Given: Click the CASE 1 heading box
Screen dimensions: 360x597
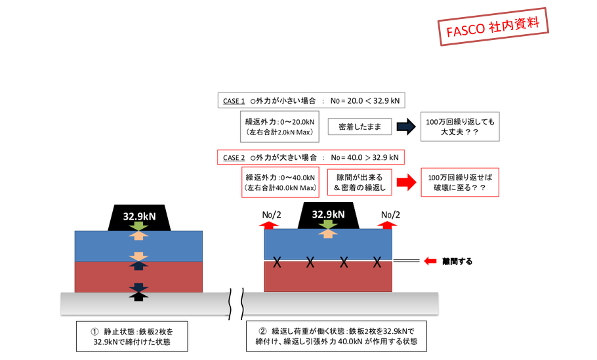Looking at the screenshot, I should [x=312, y=101].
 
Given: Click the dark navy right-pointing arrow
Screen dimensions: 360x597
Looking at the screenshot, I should [x=407, y=127].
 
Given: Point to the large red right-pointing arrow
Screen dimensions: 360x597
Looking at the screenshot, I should [x=407, y=182].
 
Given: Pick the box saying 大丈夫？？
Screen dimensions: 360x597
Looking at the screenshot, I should [x=460, y=127].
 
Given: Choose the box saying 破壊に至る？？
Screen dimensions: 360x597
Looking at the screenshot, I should [x=460, y=182].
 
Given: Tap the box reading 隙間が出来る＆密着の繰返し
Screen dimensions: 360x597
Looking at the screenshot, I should [x=359, y=182].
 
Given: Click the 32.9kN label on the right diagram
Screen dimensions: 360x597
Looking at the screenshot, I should [x=328, y=214].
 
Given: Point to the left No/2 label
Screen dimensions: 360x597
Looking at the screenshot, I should [x=271, y=214].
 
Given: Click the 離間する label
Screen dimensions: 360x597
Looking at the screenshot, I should [x=457, y=261].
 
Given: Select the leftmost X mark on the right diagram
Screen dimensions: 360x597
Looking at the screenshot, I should [x=278, y=262].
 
